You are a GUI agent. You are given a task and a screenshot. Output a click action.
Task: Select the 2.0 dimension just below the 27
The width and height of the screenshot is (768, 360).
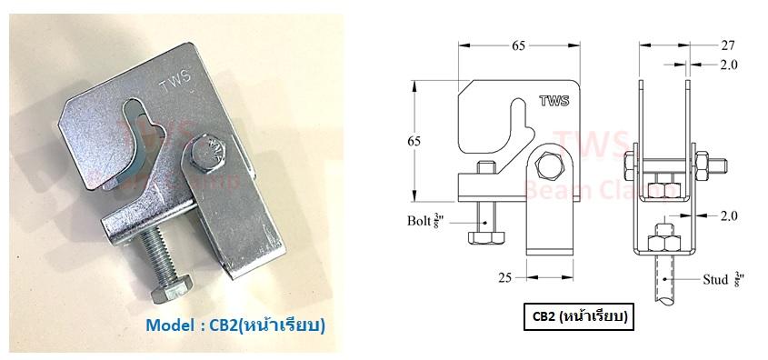[x=727, y=65]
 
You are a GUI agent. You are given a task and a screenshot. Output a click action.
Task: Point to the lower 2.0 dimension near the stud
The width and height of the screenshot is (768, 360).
[x=727, y=217]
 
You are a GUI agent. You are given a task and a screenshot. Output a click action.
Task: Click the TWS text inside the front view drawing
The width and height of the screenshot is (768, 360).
[x=553, y=102]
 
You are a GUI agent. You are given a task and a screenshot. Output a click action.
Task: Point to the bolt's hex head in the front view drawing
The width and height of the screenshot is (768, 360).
[x=484, y=239]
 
